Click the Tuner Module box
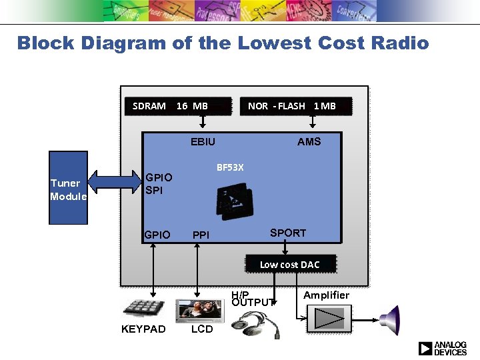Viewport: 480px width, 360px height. coord(69,189)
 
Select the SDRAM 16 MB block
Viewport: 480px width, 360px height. coord(170,105)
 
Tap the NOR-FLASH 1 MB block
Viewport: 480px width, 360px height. coord(292,105)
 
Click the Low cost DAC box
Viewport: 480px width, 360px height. coord(289,265)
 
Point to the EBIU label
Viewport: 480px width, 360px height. coord(203,141)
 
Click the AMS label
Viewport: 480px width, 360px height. coord(309,141)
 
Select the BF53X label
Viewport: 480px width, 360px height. coord(230,167)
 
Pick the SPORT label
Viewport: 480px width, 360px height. coord(287,233)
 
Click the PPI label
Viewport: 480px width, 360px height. coord(201,235)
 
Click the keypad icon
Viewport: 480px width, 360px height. coord(143,309)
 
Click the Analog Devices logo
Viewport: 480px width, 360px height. coord(442,348)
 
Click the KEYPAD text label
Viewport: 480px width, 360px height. coord(143,329)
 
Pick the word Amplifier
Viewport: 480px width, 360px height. coord(326,295)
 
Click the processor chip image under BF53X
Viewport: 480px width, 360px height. coord(234,199)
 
